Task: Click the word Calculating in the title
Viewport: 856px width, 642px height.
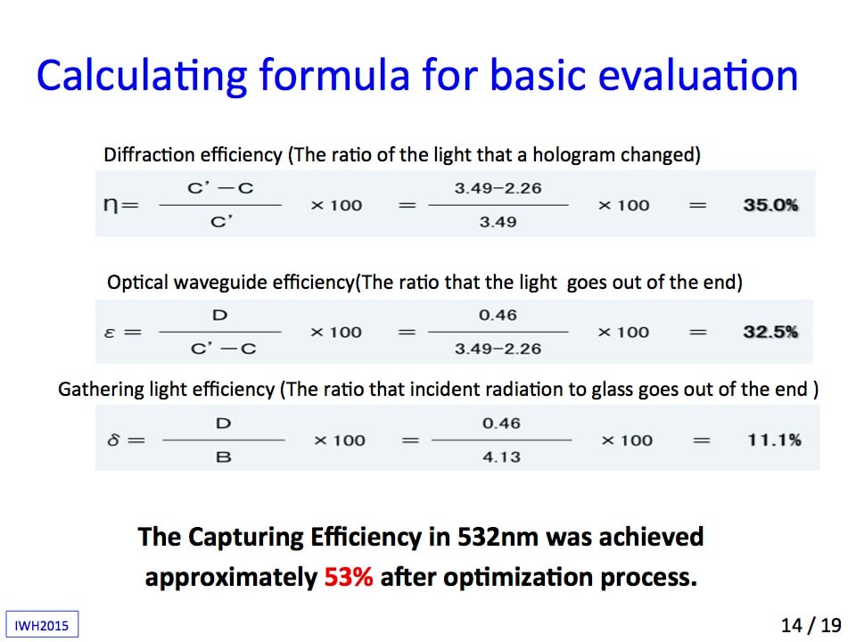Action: point(142,75)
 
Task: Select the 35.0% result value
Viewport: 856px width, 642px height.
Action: point(770,205)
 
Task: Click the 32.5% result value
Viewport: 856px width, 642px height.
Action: point(770,332)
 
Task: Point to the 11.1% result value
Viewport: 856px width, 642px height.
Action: point(774,440)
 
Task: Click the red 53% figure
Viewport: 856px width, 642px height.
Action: point(349,577)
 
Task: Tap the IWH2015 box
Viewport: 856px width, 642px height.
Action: point(42,624)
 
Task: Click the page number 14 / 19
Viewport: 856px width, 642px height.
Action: point(811,625)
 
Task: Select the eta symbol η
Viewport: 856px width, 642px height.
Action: point(110,206)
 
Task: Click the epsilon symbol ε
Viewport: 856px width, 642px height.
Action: point(109,333)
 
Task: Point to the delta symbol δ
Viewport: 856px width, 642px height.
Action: point(113,440)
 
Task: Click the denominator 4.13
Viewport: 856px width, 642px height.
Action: point(501,457)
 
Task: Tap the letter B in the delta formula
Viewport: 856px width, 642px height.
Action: point(224,457)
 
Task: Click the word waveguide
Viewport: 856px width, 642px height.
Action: point(220,283)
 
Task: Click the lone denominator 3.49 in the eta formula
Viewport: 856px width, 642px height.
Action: point(498,222)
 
